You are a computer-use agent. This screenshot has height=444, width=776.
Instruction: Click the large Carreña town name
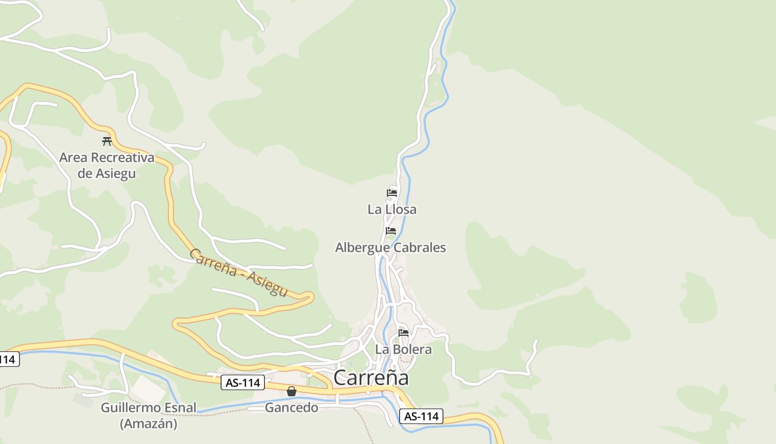(x=371, y=377)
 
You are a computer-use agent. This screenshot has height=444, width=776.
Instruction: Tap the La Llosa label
(x=392, y=209)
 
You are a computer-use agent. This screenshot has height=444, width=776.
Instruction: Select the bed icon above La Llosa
(x=392, y=193)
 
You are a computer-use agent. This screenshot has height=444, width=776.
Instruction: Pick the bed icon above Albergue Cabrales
(x=391, y=231)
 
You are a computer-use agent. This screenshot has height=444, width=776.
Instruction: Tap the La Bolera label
(x=403, y=349)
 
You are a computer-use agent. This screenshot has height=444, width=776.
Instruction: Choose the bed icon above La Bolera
(x=404, y=333)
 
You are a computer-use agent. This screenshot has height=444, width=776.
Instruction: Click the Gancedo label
(x=292, y=408)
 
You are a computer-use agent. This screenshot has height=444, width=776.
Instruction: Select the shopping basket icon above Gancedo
(x=292, y=391)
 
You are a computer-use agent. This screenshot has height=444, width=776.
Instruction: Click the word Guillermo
(x=131, y=408)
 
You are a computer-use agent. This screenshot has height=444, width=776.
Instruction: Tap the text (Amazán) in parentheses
(x=149, y=423)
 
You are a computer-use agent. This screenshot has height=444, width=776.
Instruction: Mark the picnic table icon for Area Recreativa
(x=107, y=141)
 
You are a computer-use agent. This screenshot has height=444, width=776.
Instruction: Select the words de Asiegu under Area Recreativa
(x=106, y=173)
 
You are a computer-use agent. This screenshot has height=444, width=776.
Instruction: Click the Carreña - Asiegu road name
(x=239, y=272)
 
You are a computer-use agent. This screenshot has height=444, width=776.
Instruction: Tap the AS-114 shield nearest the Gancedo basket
(x=242, y=382)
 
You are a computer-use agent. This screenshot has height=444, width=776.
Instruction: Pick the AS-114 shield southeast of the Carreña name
(x=421, y=416)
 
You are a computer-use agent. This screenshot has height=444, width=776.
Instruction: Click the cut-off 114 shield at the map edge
(x=8, y=359)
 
